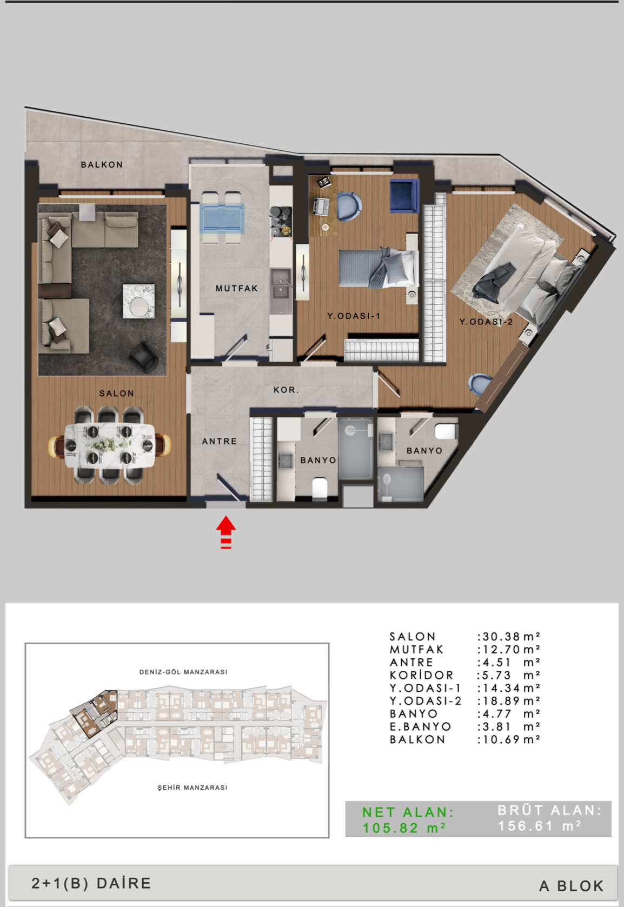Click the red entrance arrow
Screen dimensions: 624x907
225,532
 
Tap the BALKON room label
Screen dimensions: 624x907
102,164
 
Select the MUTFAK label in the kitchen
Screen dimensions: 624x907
236,288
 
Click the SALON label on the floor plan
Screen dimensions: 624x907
117,393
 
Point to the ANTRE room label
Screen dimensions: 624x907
220,441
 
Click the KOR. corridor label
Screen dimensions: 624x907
286,390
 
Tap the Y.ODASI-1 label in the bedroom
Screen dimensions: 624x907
354,316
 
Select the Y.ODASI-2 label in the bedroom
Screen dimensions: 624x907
486,322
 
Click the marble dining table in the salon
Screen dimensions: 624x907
110,445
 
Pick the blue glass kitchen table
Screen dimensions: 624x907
222,219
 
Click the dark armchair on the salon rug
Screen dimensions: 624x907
143,357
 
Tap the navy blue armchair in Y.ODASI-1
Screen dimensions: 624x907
404,196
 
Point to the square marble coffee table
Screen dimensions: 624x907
139,301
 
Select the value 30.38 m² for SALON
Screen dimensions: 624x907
509,637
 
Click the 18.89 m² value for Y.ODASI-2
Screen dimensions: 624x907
509,701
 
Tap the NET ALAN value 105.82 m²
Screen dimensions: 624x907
404,828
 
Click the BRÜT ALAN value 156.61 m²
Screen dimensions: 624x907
539,826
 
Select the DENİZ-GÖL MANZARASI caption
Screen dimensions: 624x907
183,672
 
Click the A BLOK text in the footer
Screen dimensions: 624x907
572,886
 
